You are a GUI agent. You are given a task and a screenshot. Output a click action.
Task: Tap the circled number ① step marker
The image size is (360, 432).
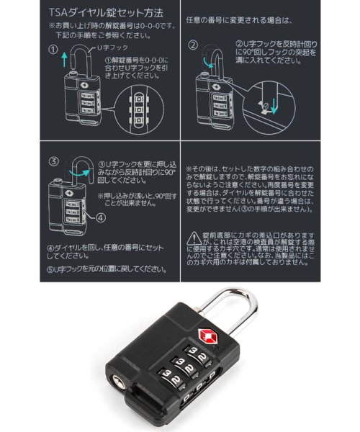[x=53, y=52]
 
